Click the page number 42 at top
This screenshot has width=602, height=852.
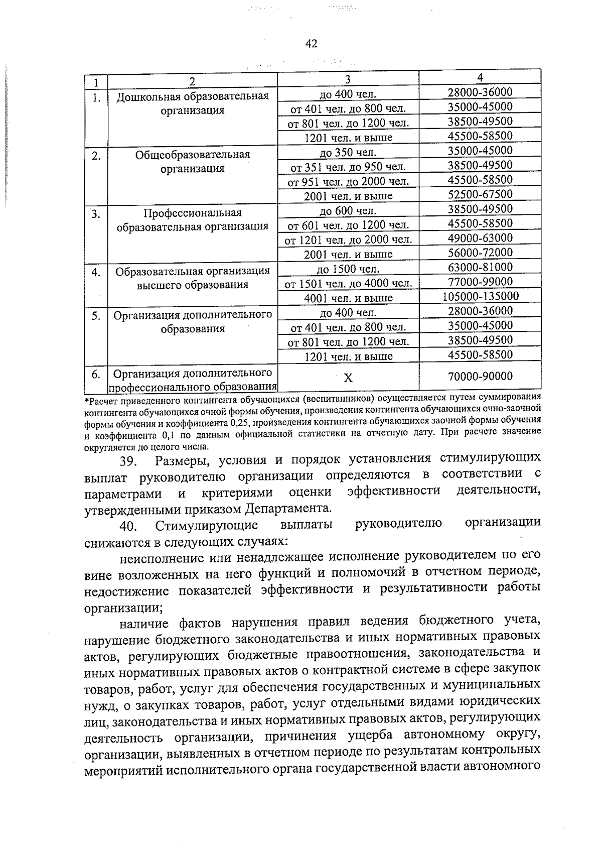(x=311, y=44)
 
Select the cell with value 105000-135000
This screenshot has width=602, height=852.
(x=480, y=296)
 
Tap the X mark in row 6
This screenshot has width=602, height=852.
(x=348, y=378)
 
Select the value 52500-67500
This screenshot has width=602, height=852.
(x=480, y=194)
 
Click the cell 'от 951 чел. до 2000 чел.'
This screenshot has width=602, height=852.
(x=348, y=181)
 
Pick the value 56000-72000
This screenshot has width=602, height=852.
(x=480, y=253)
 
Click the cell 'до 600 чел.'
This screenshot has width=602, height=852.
(x=348, y=210)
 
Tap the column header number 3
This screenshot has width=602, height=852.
(x=348, y=79)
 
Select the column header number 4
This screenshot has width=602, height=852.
(x=480, y=77)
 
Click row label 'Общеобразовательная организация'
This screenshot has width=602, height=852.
(x=193, y=161)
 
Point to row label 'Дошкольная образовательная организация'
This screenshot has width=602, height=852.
(x=193, y=103)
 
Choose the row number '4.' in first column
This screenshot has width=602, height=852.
(x=96, y=273)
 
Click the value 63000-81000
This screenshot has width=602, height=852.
(x=480, y=267)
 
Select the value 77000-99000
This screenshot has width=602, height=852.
(x=480, y=282)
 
